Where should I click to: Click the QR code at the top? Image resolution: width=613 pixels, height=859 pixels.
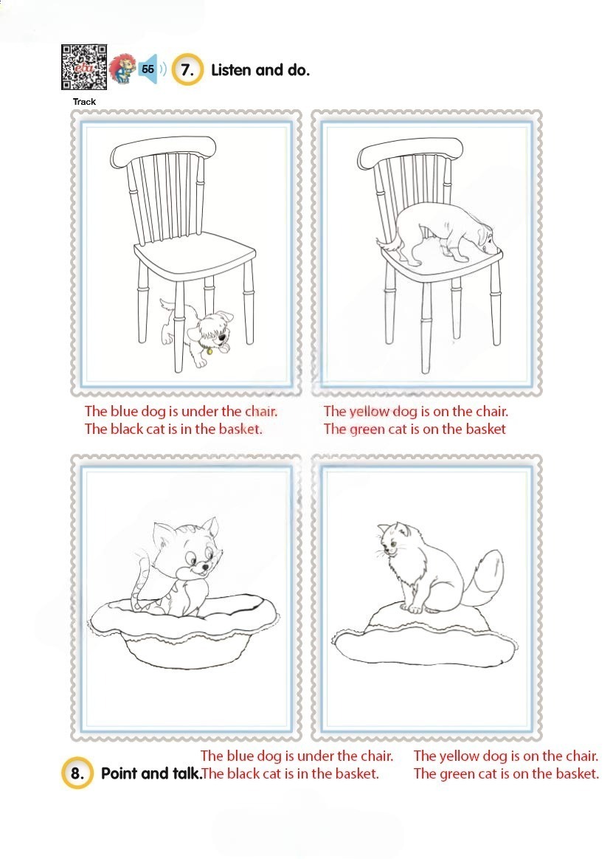[x=84, y=67]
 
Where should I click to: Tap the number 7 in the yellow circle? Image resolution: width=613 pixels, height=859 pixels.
[x=187, y=70]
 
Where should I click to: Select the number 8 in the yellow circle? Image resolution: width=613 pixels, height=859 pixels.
[x=77, y=773]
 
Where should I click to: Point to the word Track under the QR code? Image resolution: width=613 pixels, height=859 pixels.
[x=84, y=101]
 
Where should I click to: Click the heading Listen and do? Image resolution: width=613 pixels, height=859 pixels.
[x=260, y=70]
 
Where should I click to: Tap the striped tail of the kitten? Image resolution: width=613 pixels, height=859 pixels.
[x=140, y=581]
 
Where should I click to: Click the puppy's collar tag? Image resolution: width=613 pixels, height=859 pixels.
[x=209, y=351]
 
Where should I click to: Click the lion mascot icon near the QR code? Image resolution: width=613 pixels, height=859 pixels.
[x=122, y=69]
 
